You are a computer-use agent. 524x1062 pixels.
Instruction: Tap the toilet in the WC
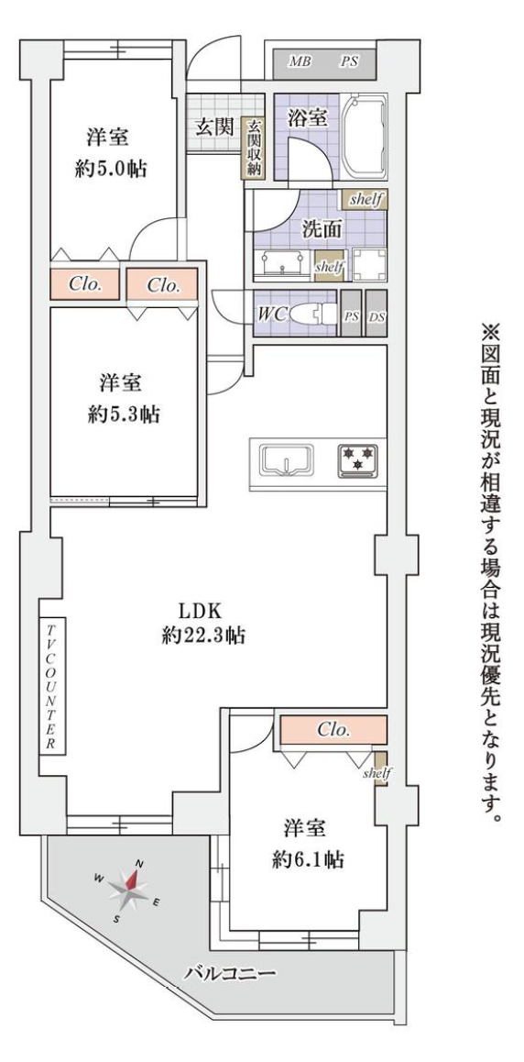313,314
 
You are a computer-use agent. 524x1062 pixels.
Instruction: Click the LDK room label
201,610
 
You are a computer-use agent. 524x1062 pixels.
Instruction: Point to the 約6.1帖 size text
308,860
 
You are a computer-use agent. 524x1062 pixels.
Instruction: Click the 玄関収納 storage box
255,149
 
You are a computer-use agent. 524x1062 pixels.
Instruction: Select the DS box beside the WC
377,314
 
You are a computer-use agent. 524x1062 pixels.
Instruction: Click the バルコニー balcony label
230,975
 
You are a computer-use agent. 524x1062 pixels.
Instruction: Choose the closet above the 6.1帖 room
333,730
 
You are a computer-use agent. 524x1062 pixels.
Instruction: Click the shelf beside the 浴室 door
366,199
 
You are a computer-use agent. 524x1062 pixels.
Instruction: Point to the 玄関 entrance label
215,126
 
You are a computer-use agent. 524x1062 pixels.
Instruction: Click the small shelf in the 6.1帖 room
381,769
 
